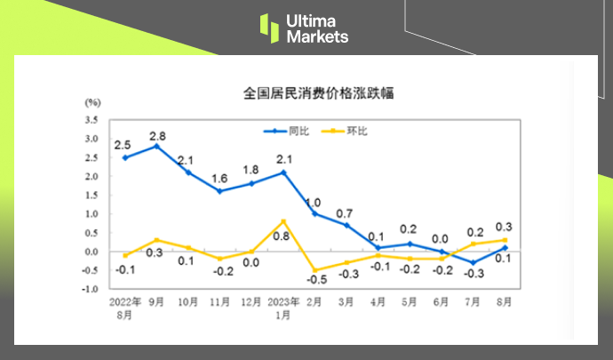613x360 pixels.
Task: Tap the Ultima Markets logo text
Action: click(317, 28)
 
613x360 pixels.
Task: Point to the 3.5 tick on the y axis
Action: click(92, 119)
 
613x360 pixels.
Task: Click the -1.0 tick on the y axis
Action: click(91, 289)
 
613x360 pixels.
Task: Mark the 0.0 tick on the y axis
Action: click(92, 252)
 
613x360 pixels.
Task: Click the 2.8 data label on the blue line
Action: click(157, 135)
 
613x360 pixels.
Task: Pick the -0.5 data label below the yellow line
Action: click(314, 281)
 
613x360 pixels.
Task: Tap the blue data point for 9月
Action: click(157, 146)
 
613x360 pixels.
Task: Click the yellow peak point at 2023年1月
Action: click(283, 220)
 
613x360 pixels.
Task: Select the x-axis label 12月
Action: click(251, 301)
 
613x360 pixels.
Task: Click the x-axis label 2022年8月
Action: click(125, 308)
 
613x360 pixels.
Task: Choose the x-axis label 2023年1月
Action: click(283, 308)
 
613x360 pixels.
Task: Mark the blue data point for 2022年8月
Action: click(125, 157)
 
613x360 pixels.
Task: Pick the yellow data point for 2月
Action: click(315, 269)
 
